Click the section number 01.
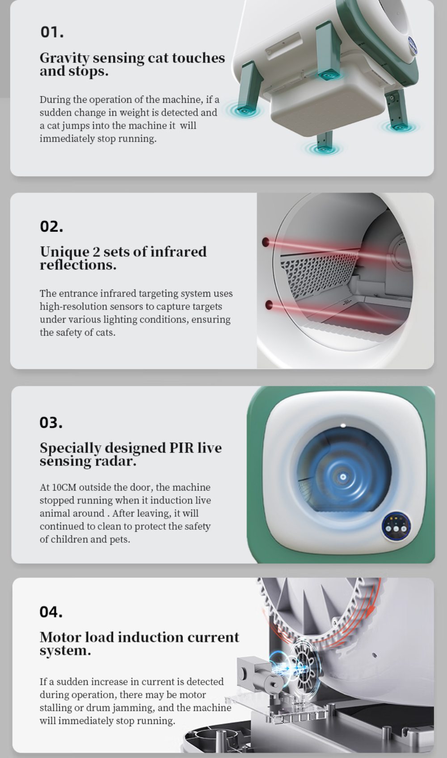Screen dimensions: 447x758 click(52, 32)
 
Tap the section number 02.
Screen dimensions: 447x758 click(51, 226)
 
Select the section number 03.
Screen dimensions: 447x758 click(51, 422)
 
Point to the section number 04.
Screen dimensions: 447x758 click(51, 612)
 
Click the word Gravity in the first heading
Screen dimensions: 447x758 click(64, 58)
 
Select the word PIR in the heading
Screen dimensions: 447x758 click(181, 448)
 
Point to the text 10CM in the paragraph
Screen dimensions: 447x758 click(64, 487)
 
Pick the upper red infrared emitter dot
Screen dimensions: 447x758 click(266, 242)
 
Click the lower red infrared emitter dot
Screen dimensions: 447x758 click(269, 305)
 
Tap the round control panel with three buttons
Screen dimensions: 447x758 click(396, 527)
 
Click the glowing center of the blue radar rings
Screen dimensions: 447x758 click(343, 477)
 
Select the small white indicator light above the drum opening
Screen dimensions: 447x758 click(343, 425)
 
